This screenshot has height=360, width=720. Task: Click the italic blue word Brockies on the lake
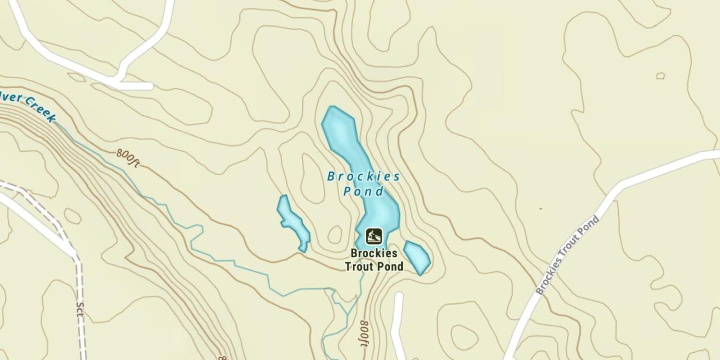point(364,177)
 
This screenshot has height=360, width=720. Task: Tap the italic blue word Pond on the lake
point(364,192)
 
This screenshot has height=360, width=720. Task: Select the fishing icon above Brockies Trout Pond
point(374,236)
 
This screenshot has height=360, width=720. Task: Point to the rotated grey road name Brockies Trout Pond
point(567,255)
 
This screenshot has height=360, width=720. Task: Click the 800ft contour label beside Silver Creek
point(128,157)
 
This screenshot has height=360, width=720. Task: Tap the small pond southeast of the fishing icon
point(416,257)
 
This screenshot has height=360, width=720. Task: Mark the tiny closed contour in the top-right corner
point(660,75)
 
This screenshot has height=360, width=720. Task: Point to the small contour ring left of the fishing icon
point(335,234)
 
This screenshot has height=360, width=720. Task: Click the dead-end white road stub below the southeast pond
point(397,317)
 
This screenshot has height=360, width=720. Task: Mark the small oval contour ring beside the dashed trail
point(72,216)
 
